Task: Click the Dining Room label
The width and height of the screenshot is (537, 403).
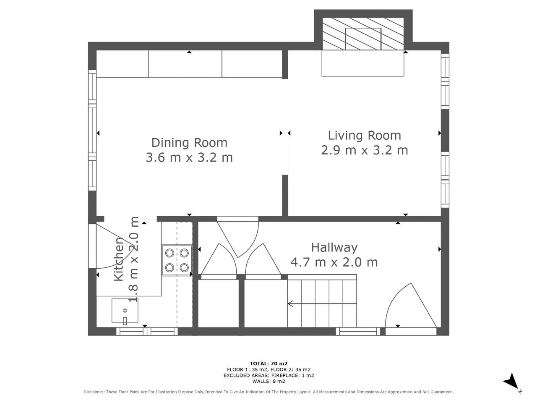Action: click(x=189, y=143)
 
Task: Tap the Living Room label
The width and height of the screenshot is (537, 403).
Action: click(x=364, y=136)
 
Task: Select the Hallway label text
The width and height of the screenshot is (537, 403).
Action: click(x=334, y=248)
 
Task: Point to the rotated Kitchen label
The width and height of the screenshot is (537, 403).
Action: click(x=119, y=259)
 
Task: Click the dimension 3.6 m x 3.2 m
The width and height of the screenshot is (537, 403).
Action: click(x=189, y=157)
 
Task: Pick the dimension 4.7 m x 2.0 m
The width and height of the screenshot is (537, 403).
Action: click(x=334, y=262)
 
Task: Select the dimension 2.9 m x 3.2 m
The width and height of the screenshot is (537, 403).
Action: click(x=364, y=150)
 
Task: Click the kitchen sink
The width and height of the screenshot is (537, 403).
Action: click(x=125, y=311)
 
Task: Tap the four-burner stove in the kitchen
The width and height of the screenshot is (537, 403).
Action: click(x=177, y=260)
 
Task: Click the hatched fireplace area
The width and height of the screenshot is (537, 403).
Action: click(x=363, y=34)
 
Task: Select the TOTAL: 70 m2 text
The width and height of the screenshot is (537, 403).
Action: click(x=268, y=364)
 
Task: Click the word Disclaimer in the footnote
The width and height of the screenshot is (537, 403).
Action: click(x=94, y=392)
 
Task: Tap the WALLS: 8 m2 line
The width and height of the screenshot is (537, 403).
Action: click(x=268, y=381)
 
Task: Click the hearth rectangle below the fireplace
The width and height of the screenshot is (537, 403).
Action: click(x=363, y=63)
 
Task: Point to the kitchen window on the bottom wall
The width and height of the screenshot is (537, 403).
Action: click(x=147, y=332)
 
